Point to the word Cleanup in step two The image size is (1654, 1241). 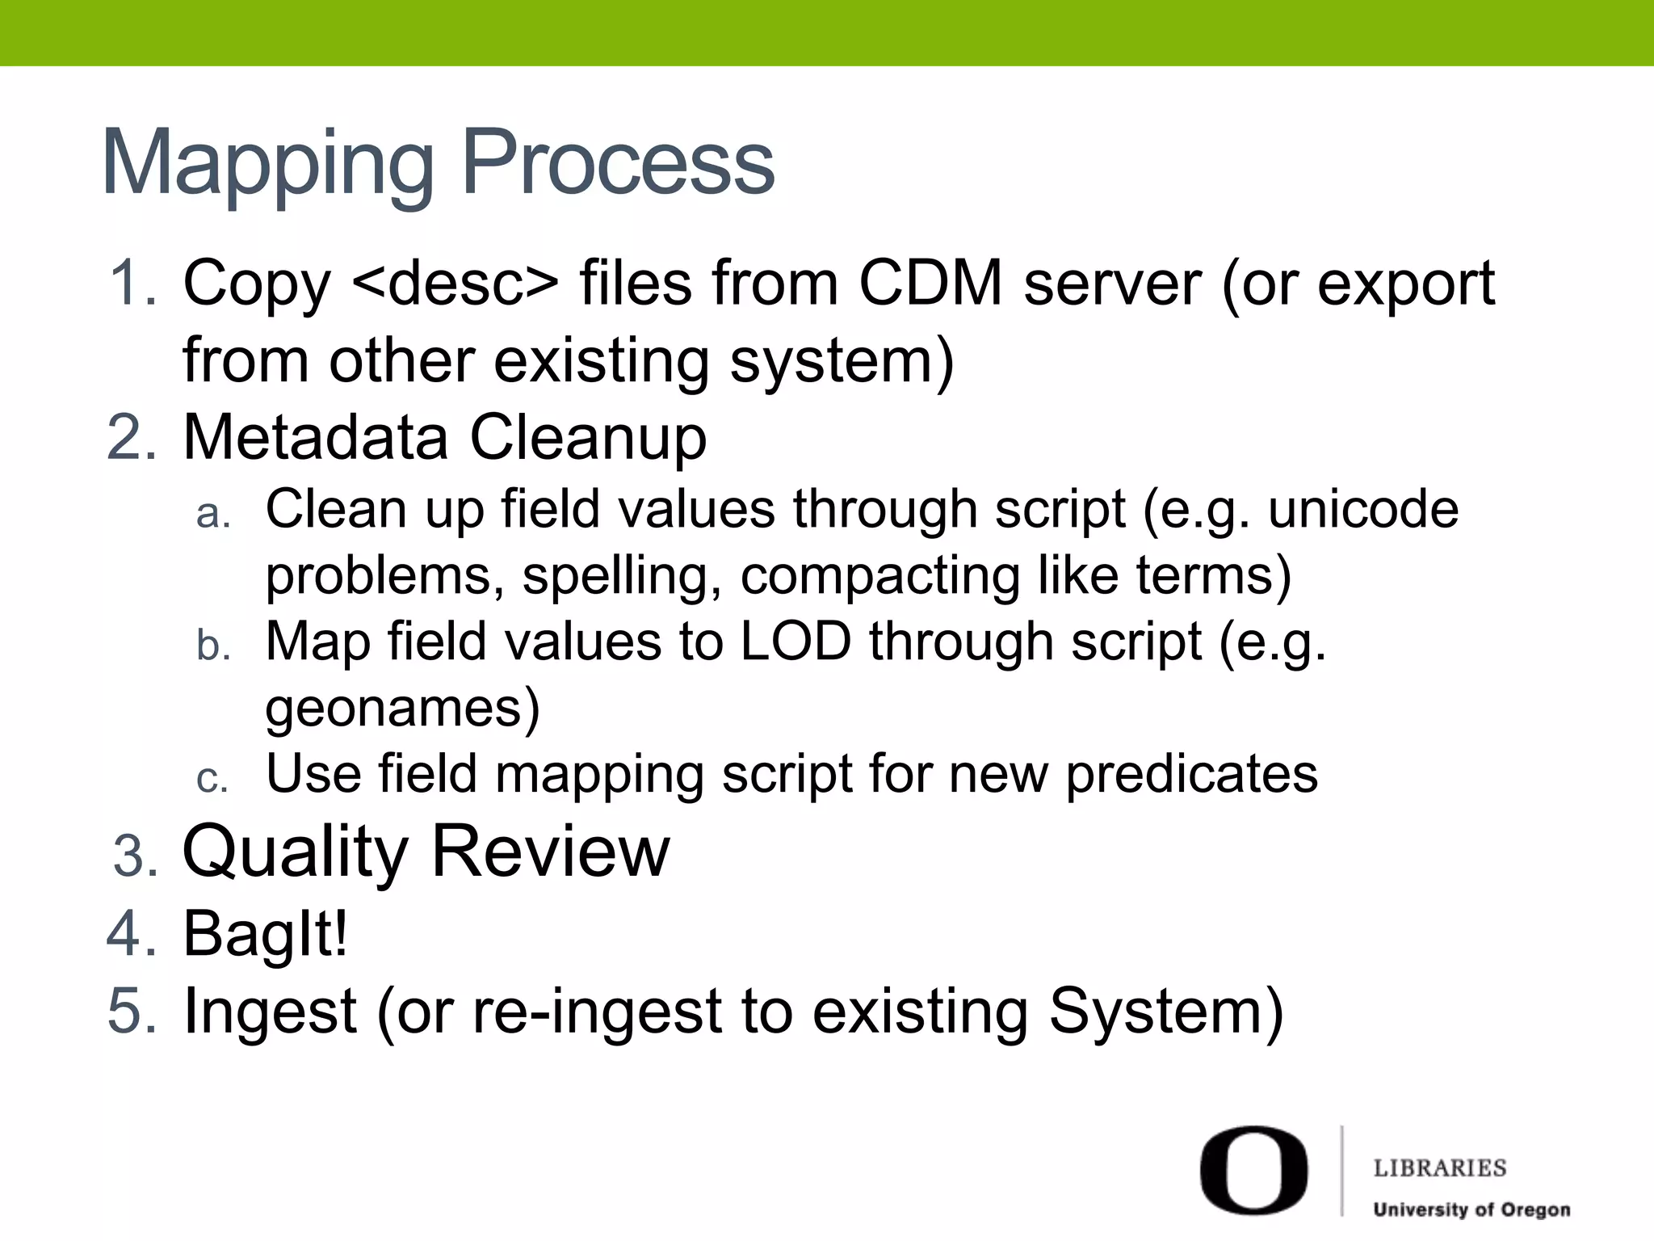click(588, 438)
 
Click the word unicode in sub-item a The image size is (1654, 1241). click(1363, 509)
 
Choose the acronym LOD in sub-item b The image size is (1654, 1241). click(796, 642)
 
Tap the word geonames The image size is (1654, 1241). click(402, 708)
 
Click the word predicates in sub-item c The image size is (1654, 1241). click(1191, 774)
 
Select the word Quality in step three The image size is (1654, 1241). click(296, 852)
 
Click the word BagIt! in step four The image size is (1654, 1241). click(266, 934)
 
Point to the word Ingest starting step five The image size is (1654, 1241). click(271, 1012)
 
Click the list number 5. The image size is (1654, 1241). click(132, 1012)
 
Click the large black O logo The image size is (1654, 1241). click(1253, 1170)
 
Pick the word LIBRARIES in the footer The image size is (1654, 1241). click(1440, 1167)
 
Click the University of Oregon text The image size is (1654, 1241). click(1471, 1209)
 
